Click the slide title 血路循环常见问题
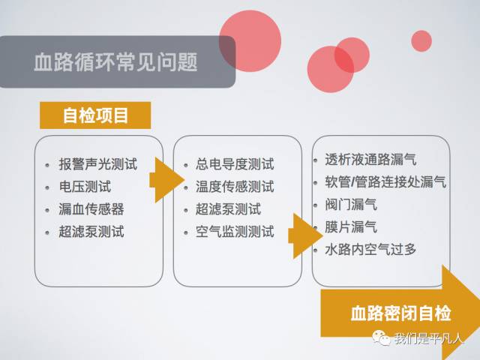click(x=115, y=61)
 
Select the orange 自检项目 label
click(x=95, y=115)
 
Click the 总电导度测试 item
click(x=234, y=164)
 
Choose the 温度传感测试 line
click(x=234, y=187)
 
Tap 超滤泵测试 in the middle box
click(x=228, y=209)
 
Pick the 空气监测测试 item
click(x=234, y=232)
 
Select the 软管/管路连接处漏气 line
click(x=385, y=182)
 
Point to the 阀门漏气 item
click(x=350, y=204)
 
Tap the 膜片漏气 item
click(x=350, y=226)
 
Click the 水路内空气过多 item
click(x=370, y=249)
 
